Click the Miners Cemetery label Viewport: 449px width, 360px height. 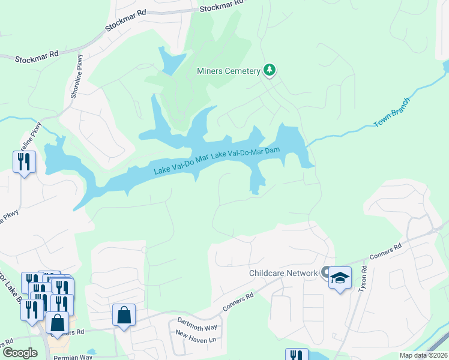coord(228,71)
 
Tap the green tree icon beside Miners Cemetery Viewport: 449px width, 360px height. coord(270,70)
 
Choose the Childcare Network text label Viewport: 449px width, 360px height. coord(283,274)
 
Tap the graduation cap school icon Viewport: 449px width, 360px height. coord(340,278)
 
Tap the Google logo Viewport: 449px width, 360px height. coord(20,353)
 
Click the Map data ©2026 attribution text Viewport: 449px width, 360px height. coord(423,355)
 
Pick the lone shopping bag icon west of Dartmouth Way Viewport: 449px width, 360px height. coord(124,315)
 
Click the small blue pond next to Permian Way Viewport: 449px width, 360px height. coord(91,352)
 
